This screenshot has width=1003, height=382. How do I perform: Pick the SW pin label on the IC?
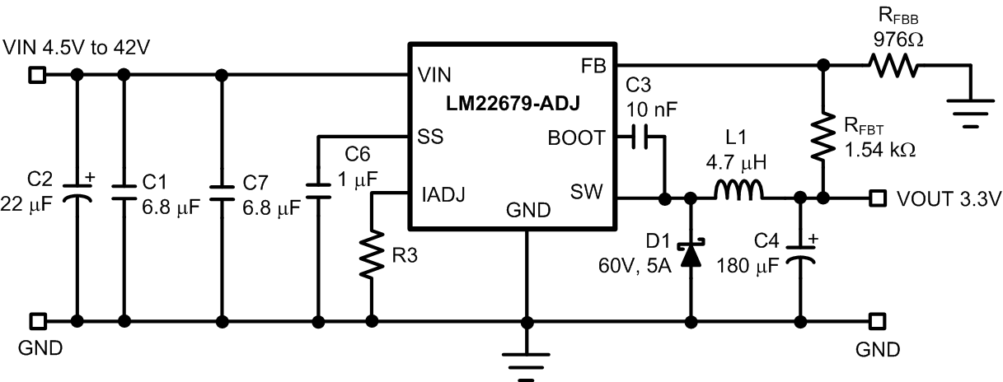click(x=588, y=194)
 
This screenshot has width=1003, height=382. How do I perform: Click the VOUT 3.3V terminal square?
click(x=879, y=198)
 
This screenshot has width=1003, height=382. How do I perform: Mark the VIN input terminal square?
click(x=36, y=75)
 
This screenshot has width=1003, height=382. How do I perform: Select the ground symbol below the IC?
click(x=525, y=362)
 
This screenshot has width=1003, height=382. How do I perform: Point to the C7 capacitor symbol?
click(x=220, y=190)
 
